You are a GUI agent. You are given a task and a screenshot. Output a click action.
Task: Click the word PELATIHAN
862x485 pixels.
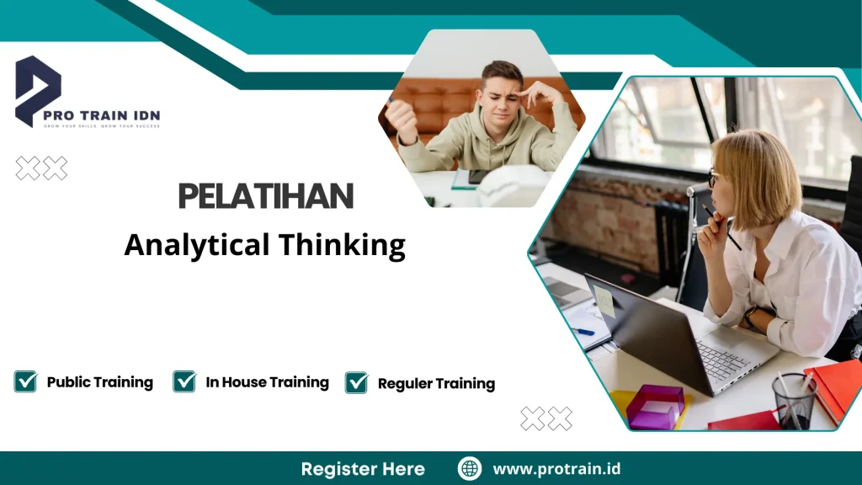point(265,197)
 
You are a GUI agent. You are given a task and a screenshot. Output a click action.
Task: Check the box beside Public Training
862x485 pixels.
point(25,381)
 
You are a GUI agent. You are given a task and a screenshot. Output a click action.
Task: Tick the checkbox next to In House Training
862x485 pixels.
point(184,381)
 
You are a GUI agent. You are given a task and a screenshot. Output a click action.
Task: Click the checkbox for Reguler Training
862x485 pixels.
point(357,382)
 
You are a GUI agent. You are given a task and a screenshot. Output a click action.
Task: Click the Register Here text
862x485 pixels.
point(363,469)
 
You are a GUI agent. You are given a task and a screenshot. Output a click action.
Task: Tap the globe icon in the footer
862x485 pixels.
point(470,468)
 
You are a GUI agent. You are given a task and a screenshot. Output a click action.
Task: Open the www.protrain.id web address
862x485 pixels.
point(556,469)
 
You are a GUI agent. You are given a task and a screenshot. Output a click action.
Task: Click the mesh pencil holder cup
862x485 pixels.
point(793,402)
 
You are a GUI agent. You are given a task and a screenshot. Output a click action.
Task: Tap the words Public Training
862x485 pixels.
point(99,382)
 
